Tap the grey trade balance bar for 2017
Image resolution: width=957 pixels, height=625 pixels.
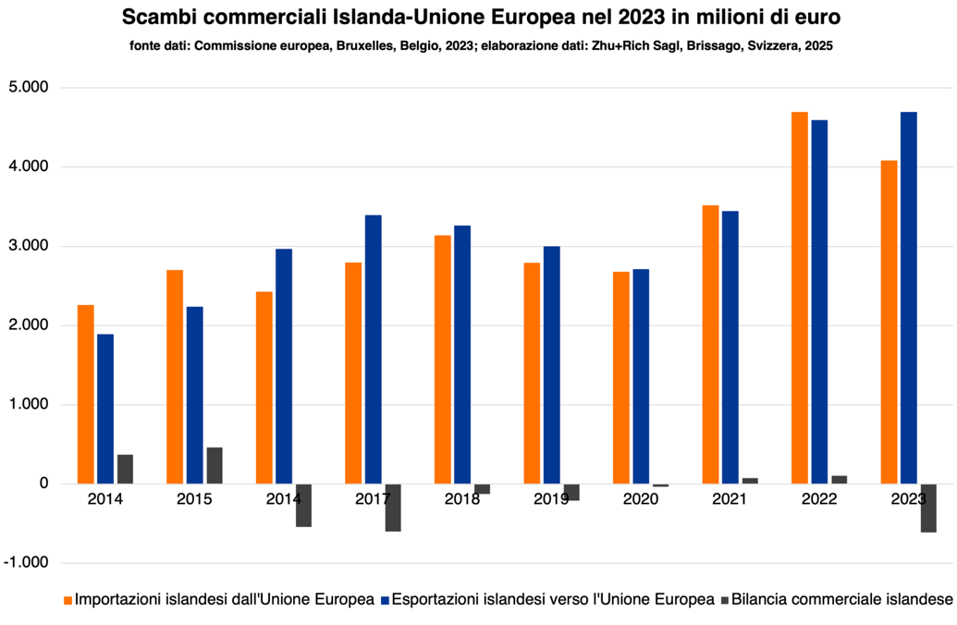pyautogui.click(x=393, y=508)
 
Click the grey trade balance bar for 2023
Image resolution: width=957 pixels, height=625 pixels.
pyautogui.click(x=928, y=508)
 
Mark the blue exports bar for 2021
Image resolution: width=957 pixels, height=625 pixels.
pyautogui.click(x=730, y=348)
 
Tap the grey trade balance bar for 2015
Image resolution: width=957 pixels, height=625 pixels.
pyautogui.click(x=215, y=465)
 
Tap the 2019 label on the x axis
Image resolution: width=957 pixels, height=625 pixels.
pyautogui.click(x=551, y=499)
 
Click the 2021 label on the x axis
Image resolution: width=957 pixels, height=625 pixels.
pyautogui.click(x=730, y=499)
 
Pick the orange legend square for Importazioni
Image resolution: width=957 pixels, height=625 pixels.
pyautogui.click(x=67, y=600)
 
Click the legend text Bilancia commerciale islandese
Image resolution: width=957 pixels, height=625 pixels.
pyautogui.click(x=841, y=600)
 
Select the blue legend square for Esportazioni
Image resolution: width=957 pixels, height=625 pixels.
pyautogui.click(x=384, y=600)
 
